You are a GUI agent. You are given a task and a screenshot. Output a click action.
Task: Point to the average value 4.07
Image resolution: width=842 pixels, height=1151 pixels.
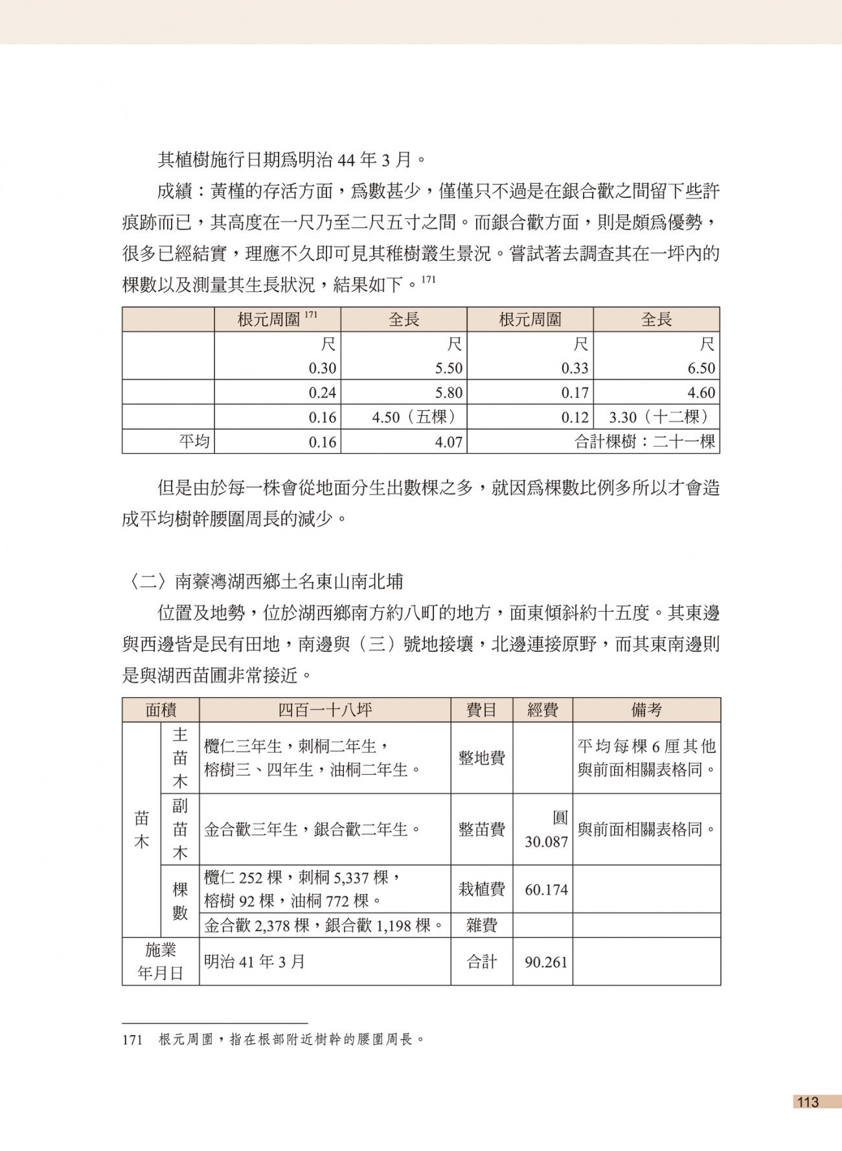point(448,442)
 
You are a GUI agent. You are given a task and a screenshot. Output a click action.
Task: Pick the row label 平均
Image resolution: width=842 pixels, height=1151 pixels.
point(194,442)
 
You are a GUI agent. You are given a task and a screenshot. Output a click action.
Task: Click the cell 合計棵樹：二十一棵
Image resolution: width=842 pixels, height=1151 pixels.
point(644,442)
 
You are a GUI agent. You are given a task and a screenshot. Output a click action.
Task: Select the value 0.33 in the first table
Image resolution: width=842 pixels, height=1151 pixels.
point(575,368)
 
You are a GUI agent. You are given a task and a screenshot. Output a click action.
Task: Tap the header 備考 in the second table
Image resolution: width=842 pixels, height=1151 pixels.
point(646,710)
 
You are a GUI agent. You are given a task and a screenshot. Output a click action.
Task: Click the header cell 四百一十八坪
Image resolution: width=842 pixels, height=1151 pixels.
point(324,710)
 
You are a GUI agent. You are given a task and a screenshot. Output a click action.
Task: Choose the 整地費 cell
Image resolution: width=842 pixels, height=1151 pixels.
point(481,758)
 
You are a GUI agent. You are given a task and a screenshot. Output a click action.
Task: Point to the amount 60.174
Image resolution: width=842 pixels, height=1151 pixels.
point(546,889)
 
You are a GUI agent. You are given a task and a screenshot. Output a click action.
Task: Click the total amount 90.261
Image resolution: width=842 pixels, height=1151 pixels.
point(546,962)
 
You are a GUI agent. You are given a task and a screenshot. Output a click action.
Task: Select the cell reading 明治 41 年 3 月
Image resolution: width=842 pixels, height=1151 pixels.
point(254,962)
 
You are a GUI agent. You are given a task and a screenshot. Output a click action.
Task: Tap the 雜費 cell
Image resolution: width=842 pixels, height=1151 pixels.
point(481,926)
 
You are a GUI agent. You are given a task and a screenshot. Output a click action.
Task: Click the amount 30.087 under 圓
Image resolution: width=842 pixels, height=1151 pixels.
point(546,842)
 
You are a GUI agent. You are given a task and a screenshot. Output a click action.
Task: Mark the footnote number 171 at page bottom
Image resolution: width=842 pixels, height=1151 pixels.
point(132,1040)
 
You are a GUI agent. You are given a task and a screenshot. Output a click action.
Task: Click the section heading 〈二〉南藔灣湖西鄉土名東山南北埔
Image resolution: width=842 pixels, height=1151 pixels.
point(262,581)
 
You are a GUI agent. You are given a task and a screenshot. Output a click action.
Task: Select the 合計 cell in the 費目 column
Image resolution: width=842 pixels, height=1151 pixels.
point(481,962)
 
